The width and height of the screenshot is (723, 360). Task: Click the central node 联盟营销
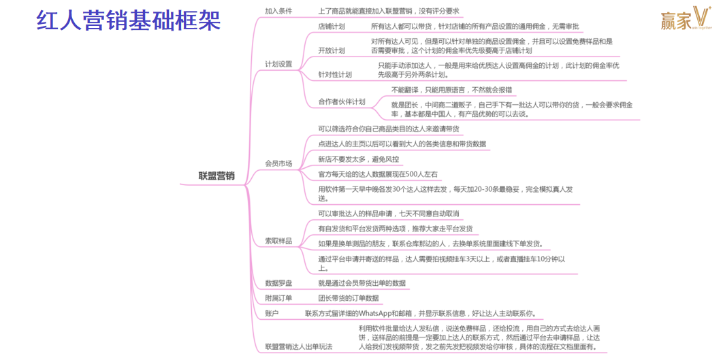[x=216, y=176]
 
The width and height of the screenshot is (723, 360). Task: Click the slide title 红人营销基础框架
[x=129, y=21]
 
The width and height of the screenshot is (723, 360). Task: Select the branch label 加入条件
[x=278, y=11]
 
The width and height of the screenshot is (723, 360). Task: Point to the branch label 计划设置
[x=278, y=64]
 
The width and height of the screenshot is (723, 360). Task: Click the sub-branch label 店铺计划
[x=332, y=27]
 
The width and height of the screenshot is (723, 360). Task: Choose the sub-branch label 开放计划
[x=332, y=50]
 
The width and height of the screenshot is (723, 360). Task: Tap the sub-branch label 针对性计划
[x=335, y=74]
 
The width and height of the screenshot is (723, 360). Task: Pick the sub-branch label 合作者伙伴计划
[x=342, y=101]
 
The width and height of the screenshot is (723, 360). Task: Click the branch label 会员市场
[x=278, y=163]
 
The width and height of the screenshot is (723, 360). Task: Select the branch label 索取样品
[x=278, y=241]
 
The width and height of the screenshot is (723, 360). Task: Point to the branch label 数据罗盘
[x=278, y=283]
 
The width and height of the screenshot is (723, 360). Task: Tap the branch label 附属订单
[x=278, y=298]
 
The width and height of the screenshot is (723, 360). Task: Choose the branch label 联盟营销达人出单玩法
[x=299, y=346]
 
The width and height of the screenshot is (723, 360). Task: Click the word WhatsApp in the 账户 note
[x=378, y=314]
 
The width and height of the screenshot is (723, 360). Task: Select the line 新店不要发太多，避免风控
[x=359, y=159]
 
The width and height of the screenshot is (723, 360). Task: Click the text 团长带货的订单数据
[x=349, y=298]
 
